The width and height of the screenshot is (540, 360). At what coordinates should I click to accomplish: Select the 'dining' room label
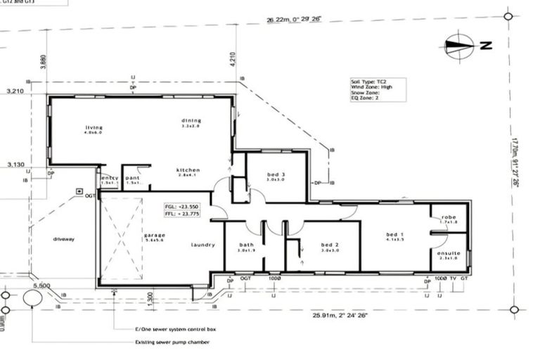[x=191, y=120]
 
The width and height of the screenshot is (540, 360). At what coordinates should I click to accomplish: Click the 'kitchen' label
[x=188, y=170]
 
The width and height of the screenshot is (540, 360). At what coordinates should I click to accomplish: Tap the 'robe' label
[x=448, y=218]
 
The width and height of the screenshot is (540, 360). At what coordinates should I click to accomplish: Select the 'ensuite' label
[x=448, y=253]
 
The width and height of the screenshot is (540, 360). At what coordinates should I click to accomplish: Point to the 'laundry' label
[x=202, y=245]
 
